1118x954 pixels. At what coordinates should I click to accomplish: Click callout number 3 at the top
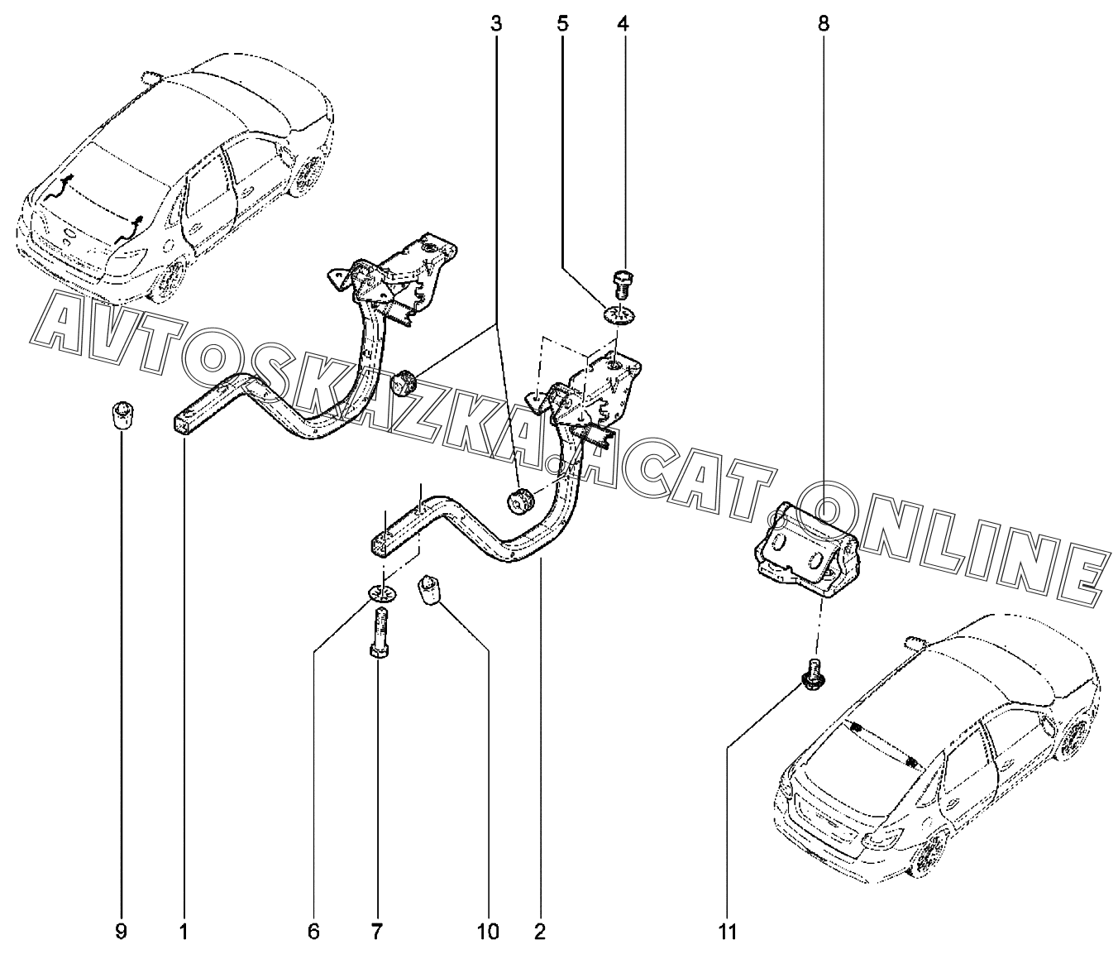click(x=496, y=24)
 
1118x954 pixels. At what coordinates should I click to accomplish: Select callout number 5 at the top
click(x=562, y=24)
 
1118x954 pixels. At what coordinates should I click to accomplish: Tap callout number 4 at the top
click(x=623, y=24)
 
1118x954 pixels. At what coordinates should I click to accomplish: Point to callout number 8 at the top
click(x=823, y=24)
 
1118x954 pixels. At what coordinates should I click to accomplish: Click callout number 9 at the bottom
click(x=121, y=932)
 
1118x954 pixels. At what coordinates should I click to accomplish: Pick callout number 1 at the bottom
click(x=184, y=932)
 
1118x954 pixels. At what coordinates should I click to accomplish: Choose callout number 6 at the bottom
click(x=313, y=932)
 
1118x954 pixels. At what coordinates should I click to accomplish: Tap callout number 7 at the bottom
click(x=376, y=932)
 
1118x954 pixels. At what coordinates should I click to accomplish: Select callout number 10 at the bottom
click(x=488, y=932)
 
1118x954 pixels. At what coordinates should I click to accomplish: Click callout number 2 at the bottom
click(x=540, y=932)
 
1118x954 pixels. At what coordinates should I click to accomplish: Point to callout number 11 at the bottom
click(x=727, y=932)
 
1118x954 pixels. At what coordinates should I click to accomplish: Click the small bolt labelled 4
click(x=623, y=285)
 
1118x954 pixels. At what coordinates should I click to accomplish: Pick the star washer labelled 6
click(x=381, y=593)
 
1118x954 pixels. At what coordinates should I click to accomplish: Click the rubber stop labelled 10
click(x=432, y=592)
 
